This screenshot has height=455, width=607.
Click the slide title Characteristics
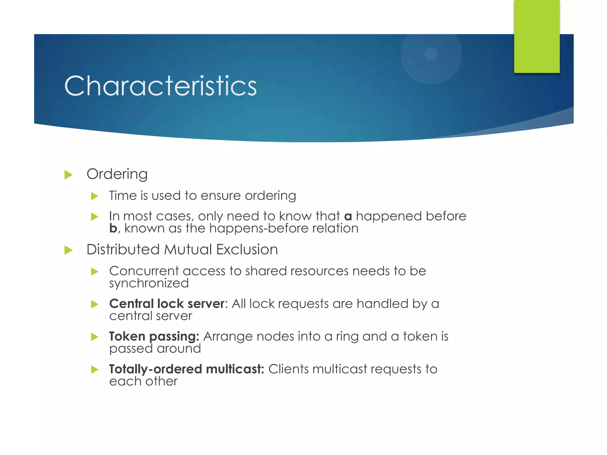point(160,86)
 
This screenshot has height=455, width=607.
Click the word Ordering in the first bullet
point(117,174)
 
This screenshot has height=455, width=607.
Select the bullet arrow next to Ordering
point(68,175)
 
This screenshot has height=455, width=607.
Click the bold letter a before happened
point(348,217)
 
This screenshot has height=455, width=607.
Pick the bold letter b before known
point(113,229)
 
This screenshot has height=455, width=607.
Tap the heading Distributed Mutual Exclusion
point(182,249)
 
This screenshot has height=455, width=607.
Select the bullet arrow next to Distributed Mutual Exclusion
point(68,250)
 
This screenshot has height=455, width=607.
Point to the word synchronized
point(149,283)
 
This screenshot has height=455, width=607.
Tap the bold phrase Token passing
point(154,337)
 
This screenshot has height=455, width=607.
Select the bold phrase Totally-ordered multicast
point(186,369)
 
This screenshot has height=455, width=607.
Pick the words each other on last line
point(143,382)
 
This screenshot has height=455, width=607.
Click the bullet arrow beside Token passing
point(95,337)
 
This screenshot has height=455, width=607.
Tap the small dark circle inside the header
point(431,54)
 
